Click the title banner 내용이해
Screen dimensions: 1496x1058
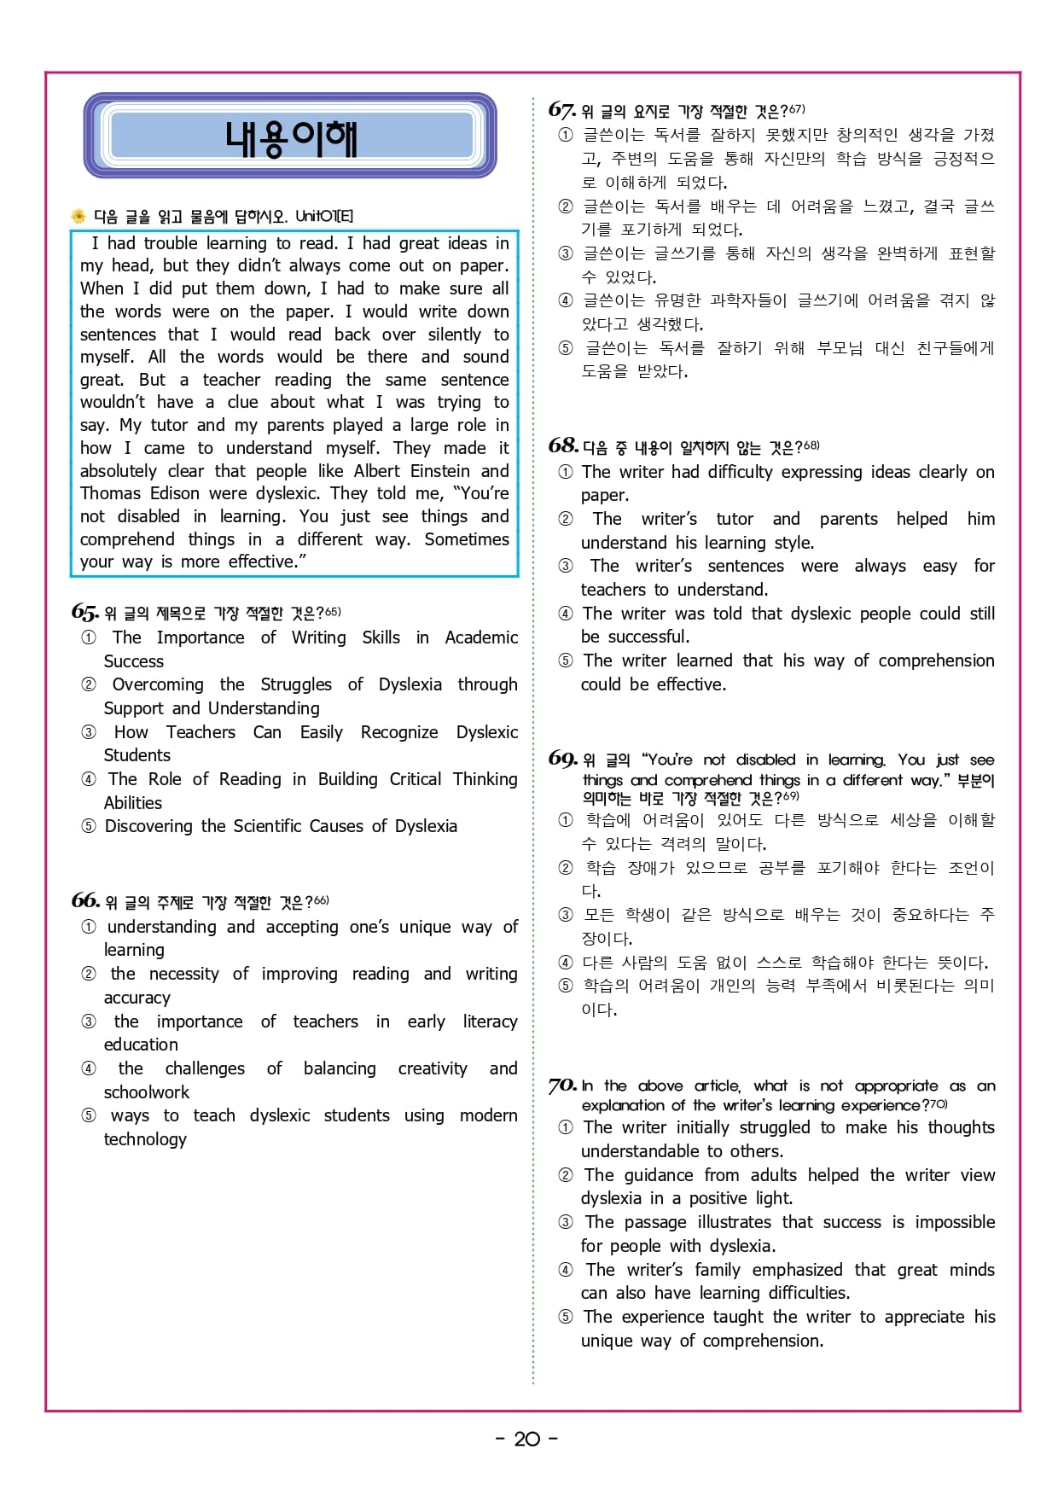(290, 137)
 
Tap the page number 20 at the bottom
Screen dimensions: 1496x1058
(526, 1439)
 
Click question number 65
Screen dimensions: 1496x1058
(84, 612)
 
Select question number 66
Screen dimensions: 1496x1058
(84, 900)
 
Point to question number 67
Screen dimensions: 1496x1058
(561, 110)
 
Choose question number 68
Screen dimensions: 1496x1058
(562, 445)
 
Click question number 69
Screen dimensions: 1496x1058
(562, 759)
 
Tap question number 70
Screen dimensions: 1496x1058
(562, 1086)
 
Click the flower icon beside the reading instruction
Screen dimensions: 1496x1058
(78, 216)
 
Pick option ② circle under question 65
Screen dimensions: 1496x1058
(89, 684)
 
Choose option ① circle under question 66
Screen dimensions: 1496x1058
(89, 927)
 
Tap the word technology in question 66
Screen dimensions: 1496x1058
(145, 1139)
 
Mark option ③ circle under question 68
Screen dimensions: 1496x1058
(566, 566)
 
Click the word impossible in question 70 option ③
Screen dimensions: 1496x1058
(955, 1222)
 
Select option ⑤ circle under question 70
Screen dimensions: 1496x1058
(566, 1317)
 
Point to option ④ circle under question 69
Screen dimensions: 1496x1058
(566, 963)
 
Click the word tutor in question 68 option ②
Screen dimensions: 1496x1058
(735, 519)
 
